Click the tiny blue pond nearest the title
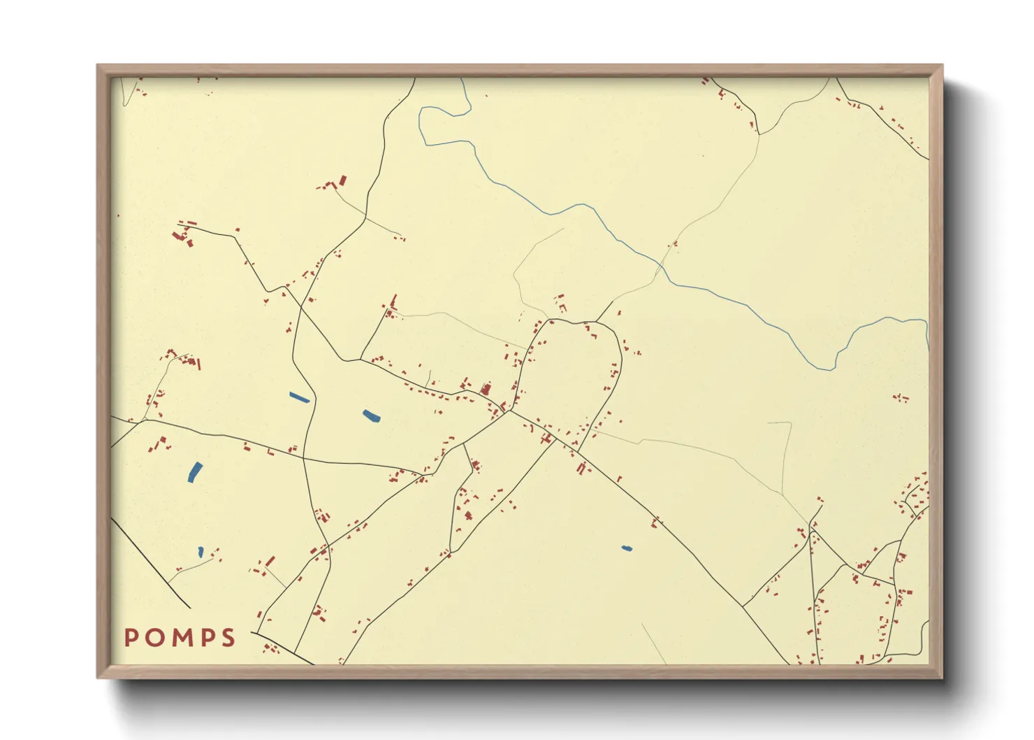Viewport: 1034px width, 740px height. click(201, 552)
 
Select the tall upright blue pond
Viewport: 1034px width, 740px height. click(194, 472)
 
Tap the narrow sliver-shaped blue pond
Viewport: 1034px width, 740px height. click(299, 397)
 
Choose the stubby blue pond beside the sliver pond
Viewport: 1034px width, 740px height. click(371, 416)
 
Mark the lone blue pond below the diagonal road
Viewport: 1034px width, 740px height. click(627, 548)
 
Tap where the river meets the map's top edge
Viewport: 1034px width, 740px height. click(463, 79)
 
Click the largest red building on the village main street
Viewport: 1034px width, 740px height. click(486, 388)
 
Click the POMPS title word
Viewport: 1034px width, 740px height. click(180, 637)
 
